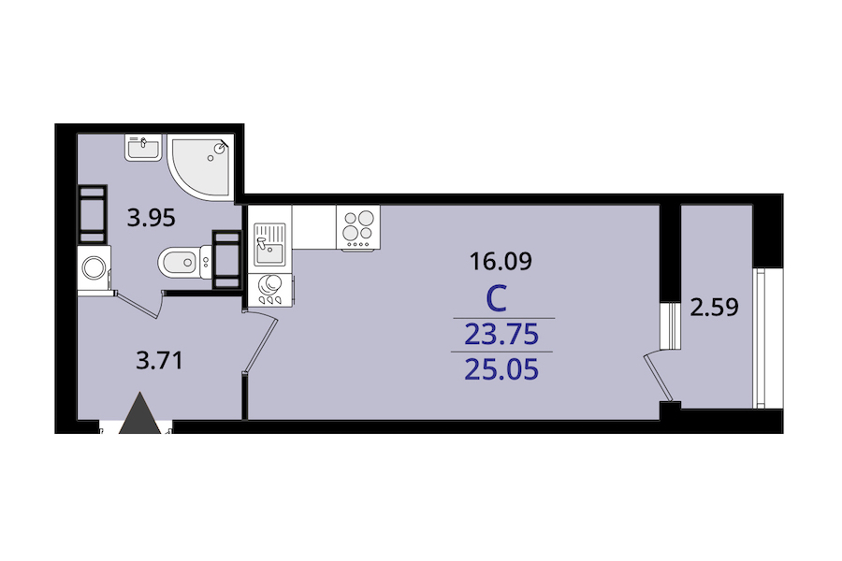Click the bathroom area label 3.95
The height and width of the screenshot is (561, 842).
pyautogui.click(x=151, y=219)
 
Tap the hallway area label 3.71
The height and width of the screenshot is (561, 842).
pyautogui.click(x=159, y=360)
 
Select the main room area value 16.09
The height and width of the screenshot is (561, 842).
pyautogui.click(x=501, y=262)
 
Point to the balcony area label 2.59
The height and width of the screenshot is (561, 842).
pyautogui.click(x=714, y=308)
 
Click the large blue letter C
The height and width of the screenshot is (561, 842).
pyautogui.click(x=496, y=300)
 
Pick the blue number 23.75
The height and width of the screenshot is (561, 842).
pyautogui.click(x=501, y=335)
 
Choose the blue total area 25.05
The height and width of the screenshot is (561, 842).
pyautogui.click(x=501, y=370)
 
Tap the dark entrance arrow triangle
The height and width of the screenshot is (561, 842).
pyautogui.click(x=139, y=413)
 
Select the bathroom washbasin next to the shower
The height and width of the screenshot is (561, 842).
pyautogui.click(x=143, y=147)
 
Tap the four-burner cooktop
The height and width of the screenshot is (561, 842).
pyautogui.click(x=357, y=227)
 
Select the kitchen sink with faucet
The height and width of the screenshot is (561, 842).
pyautogui.click(x=269, y=244)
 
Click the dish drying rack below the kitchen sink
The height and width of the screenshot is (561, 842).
pyautogui.click(x=269, y=291)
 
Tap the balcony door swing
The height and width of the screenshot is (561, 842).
pyautogui.click(x=658, y=376)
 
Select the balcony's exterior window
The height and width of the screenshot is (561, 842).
pyautogui.click(x=760, y=338)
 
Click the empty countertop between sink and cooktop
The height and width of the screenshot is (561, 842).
pyautogui.click(x=313, y=227)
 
